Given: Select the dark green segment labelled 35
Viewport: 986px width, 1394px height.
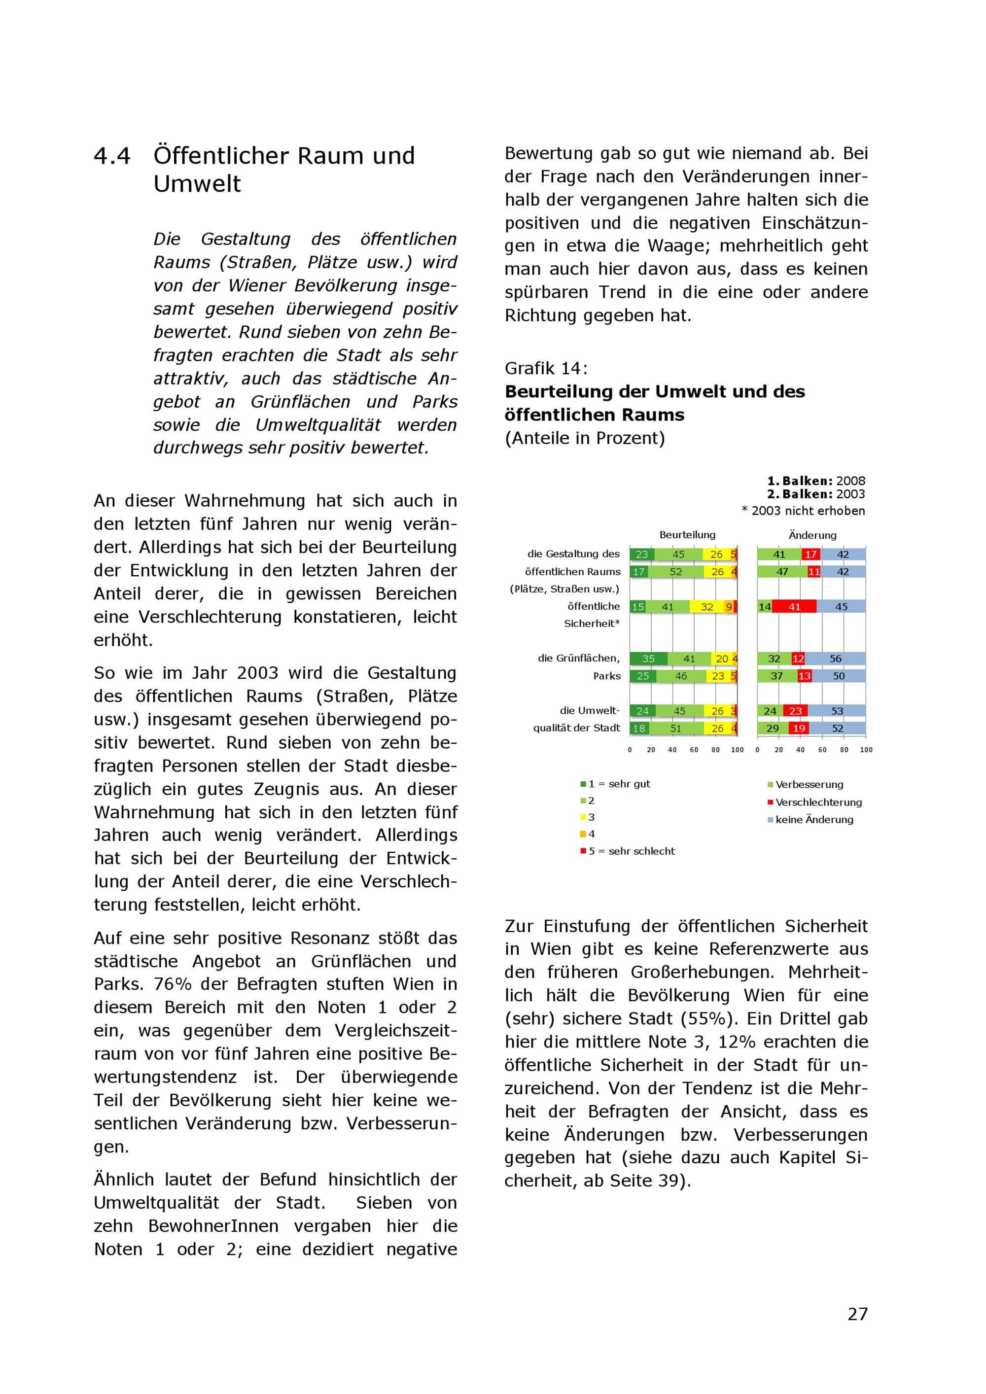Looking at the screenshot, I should click(648, 659).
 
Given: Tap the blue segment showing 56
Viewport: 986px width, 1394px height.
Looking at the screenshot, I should click(836, 659).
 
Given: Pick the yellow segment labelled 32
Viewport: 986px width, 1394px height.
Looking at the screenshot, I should click(706, 606).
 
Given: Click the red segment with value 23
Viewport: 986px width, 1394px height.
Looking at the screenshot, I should click(795, 711).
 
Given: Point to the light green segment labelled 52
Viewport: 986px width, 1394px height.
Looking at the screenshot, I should click(676, 572).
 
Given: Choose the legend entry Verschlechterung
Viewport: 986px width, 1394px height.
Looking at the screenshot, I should click(818, 802).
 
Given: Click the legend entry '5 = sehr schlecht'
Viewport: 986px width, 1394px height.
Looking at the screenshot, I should click(632, 851).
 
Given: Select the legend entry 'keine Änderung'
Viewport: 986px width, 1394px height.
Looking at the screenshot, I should click(813, 820).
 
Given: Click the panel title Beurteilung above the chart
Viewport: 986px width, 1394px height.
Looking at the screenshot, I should click(687, 535).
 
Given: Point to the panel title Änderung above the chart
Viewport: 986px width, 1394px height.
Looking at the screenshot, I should click(812, 535).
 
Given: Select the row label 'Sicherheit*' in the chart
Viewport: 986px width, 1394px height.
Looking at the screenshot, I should click(592, 624).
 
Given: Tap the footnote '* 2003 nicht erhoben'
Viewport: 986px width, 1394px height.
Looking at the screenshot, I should click(803, 511).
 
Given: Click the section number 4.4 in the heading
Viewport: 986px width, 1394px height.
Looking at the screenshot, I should click(112, 156).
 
